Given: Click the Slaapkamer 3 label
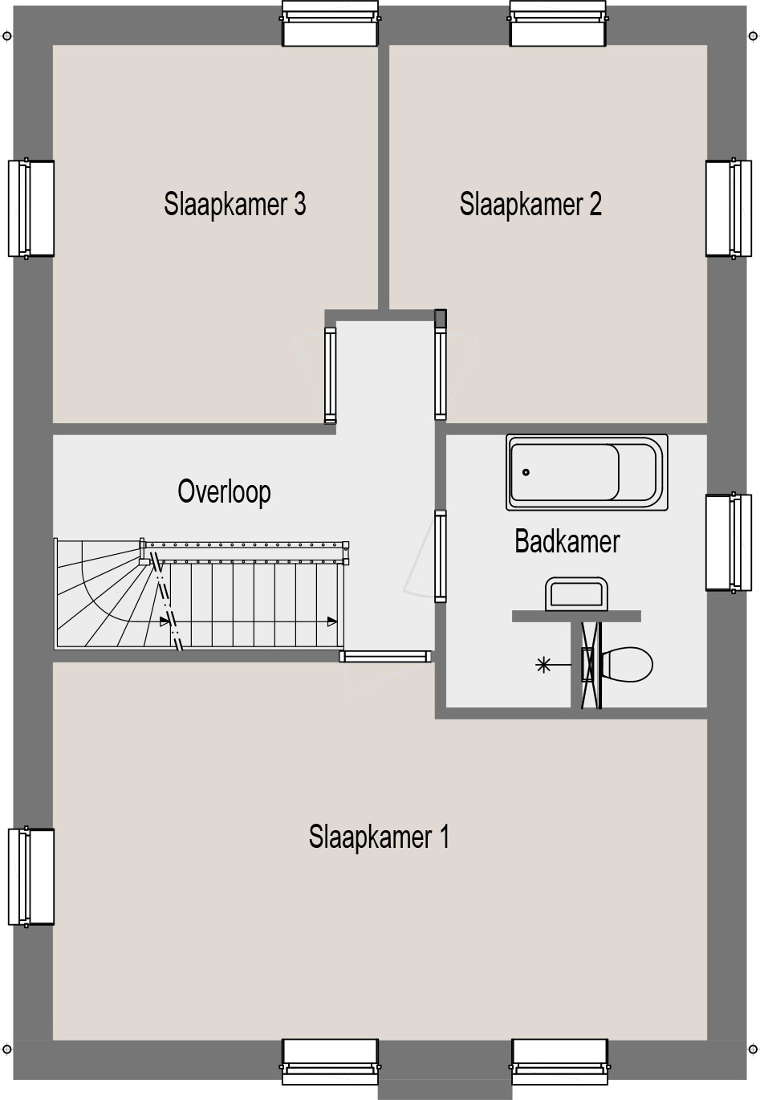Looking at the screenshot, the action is tap(234, 204).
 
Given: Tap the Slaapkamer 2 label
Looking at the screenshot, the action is tap(530, 204).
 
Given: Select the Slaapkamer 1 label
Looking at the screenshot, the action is tap(379, 837).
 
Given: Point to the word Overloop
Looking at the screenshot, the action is tap(224, 491).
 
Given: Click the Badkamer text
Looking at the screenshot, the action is tap(567, 541).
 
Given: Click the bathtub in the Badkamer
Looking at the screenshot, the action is tap(587, 472).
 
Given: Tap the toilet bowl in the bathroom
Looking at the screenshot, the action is tap(627, 665).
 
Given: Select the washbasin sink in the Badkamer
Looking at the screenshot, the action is tap(576, 594).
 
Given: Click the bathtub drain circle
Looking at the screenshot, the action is tap(526, 472).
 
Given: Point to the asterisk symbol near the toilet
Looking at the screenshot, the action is tap(543, 666).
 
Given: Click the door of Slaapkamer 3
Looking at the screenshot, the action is tap(330, 376).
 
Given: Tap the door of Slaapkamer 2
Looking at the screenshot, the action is tap(441, 376).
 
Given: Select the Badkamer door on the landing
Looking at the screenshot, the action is tap(441, 556).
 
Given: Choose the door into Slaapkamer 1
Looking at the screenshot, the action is tap(385, 657).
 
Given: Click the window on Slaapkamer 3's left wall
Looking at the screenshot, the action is tap(31, 209).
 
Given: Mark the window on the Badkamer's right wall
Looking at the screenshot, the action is tap(729, 543).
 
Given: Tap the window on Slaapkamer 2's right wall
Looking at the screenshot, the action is tap(729, 208).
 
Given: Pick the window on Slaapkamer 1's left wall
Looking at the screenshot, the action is tap(31, 877).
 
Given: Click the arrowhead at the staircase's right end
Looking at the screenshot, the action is tap(332, 621).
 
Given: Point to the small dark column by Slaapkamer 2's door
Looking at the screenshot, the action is tap(441, 318).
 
